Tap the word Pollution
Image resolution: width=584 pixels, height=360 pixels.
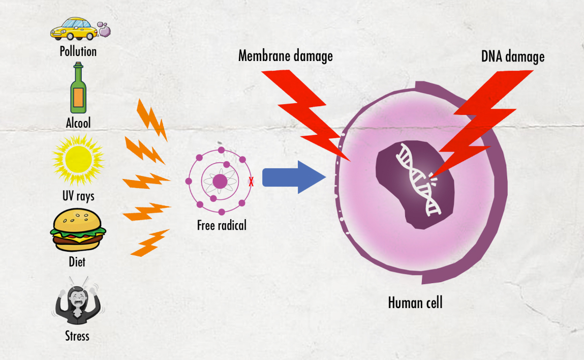[x=78, y=51]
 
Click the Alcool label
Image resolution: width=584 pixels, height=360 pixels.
[x=78, y=123]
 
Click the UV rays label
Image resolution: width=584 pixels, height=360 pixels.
[x=78, y=196]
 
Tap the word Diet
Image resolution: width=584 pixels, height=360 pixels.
[x=77, y=263]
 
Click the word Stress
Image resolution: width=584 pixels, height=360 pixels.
[x=77, y=336]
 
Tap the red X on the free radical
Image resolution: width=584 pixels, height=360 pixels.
[x=251, y=182]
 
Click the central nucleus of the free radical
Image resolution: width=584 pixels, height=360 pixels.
[x=220, y=181]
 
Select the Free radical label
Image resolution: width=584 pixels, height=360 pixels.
[x=222, y=225]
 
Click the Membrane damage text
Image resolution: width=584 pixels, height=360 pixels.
[x=286, y=55]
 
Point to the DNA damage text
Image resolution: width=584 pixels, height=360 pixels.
[x=513, y=56]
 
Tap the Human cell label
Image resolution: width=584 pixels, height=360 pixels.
[x=415, y=303]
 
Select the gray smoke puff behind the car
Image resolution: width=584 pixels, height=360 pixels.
[x=106, y=30]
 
